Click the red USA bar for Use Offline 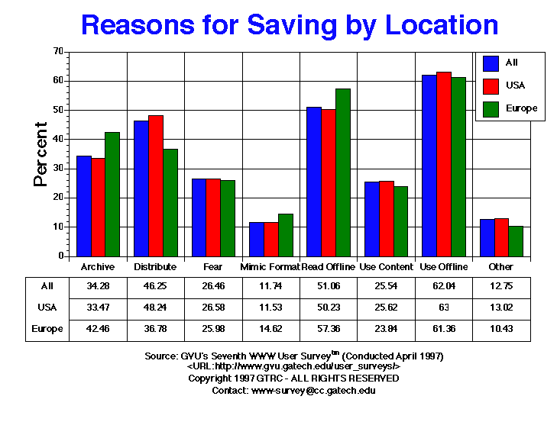443,164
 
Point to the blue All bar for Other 487,237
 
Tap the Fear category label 213,267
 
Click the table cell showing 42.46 97,328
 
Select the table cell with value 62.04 443,286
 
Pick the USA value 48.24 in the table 155,308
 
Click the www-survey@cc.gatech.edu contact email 313,390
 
